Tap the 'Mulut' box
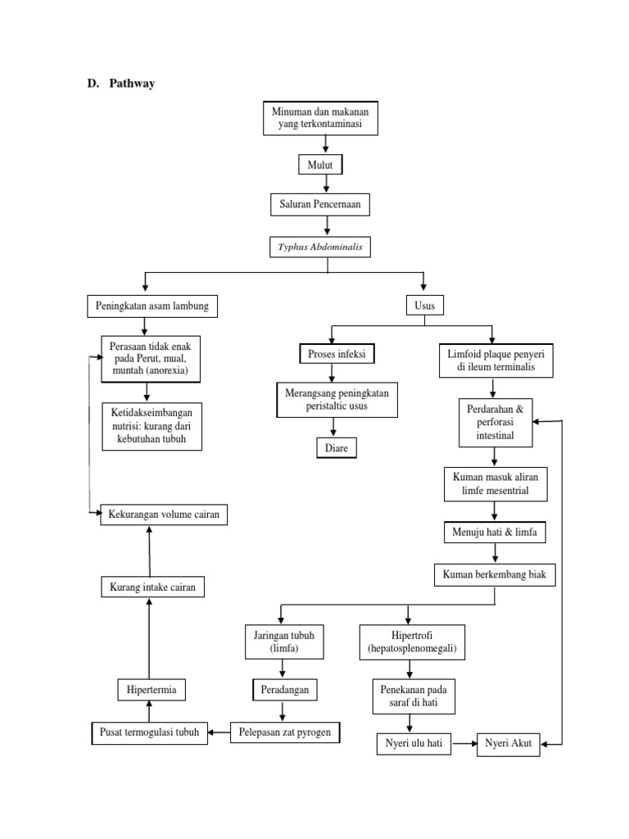[x=320, y=166]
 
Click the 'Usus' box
[x=423, y=306]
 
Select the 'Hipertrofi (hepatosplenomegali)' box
[x=412, y=642]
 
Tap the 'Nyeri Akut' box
[x=508, y=744]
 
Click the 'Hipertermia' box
[x=151, y=690]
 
